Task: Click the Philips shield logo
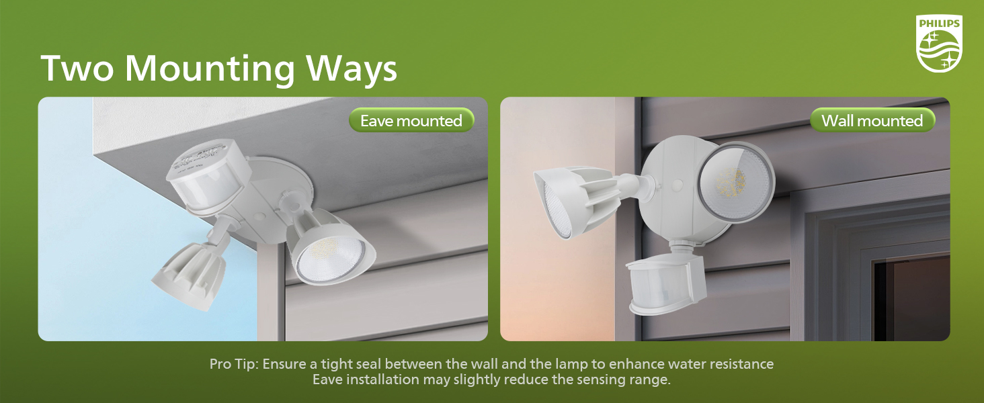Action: coord(939,43)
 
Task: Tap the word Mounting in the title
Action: coord(210,69)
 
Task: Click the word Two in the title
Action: coord(77,68)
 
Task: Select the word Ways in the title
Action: coord(352,69)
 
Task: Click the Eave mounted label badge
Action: coord(411,120)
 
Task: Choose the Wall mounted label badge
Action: coord(872,120)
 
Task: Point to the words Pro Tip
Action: coord(234,364)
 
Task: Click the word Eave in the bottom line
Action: coord(328,379)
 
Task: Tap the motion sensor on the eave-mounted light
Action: coord(206,178)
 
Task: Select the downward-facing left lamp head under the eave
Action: coord(190,272)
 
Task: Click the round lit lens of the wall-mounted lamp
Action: coord(736,182)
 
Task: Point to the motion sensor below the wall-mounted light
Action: coord(666,283)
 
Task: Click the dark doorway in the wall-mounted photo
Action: coord(911,298)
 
